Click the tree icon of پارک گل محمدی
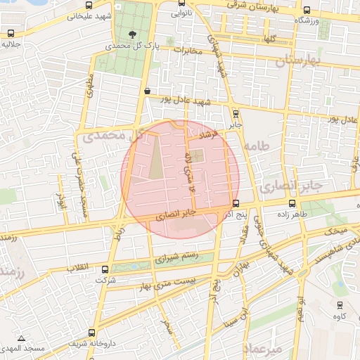pos(134,34)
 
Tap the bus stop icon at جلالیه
pos(11,34)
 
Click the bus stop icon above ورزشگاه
pos(308,11)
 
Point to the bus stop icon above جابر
pos(236,113)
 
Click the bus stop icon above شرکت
pos(105,269)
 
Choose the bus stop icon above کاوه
pos(340,305)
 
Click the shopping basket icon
pos(146,91)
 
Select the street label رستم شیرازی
pos(176,257)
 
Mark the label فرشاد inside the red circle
pos(211,132)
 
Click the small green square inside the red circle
pos(198,155)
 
